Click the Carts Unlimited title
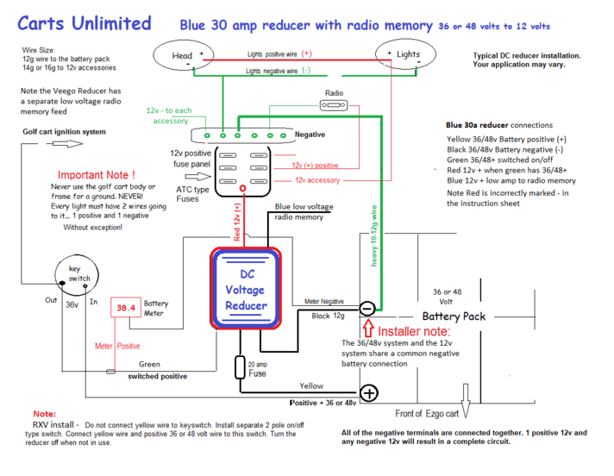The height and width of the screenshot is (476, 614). (85, 23)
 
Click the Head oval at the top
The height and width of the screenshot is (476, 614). (183, 56)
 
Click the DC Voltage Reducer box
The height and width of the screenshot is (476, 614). (247, 289)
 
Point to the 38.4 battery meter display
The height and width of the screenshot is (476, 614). (127, 309)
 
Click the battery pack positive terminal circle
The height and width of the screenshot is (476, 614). (369, 394)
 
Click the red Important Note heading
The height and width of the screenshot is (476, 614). (96, 175)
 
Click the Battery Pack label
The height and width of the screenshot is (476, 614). (454, 316)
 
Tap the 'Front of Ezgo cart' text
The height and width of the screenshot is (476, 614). (427, 413)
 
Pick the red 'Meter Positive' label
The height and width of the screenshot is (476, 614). (117, 346)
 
